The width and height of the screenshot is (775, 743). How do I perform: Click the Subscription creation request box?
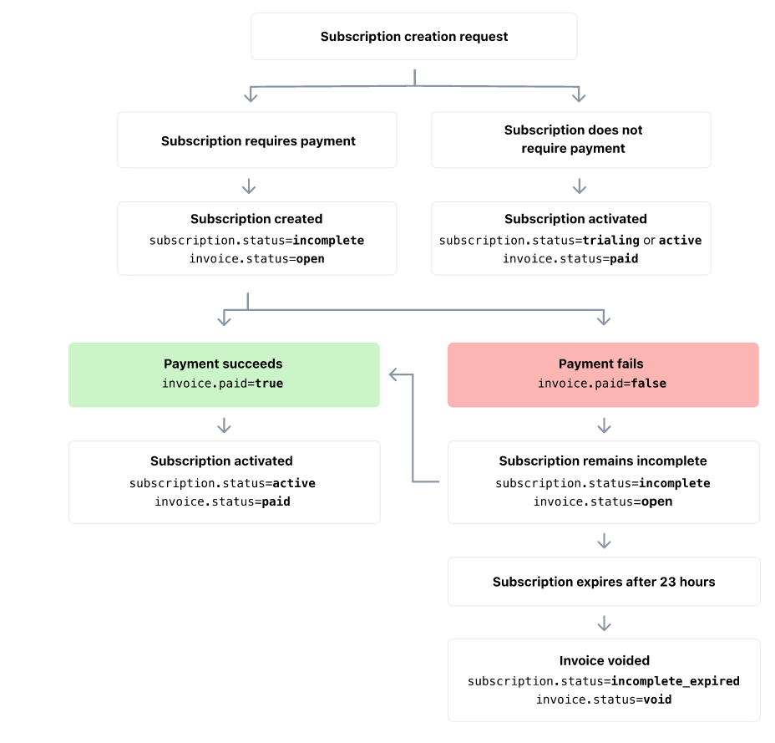click(413, 37)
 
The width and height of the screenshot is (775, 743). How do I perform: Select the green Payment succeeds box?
click(224, 374)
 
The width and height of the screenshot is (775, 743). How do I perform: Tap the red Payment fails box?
click(603, 374)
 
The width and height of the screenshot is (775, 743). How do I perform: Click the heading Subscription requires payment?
click(258, 141)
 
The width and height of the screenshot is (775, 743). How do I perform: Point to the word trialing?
click(611, 241)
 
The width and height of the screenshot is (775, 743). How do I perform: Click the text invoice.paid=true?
click(223, 384)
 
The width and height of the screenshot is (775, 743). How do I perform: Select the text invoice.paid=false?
click(601, 384)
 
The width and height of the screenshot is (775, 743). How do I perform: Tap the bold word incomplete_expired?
click(675, 681)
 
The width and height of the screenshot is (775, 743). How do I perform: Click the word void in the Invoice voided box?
click(657, 700)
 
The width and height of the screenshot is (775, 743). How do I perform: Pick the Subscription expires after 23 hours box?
click(604, 582)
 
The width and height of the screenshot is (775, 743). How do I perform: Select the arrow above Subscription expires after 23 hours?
click(604, 541)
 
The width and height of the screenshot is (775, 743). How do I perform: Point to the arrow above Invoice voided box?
click(604, 623)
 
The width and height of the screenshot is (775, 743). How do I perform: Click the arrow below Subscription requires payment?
click(248, 186)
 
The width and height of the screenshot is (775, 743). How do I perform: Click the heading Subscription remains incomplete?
click(602, 461)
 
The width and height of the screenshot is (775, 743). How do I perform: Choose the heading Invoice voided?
click(604, 661)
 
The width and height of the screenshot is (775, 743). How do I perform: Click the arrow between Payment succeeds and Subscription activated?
click(224, 425)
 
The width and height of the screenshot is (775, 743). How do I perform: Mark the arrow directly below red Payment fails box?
click(604, 425)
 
